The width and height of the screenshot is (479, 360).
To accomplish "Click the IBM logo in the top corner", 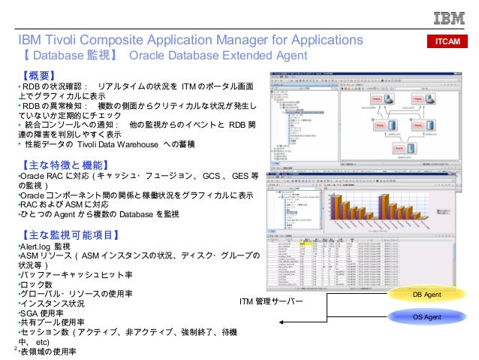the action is pos(448,20).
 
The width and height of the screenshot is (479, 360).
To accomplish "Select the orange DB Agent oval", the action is pos(427,295).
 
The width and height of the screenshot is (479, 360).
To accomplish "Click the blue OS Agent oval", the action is pos(427,318).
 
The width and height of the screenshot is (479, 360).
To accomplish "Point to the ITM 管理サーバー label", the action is pos(270,301).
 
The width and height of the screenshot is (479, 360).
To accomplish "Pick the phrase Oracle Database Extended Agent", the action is pos(218,56).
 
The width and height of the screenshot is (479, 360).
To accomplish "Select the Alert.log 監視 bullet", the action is pos(44,246).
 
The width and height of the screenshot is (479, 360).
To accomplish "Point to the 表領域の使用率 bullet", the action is pos(49,351).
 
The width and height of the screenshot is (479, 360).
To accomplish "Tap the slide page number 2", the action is pos(16,349).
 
